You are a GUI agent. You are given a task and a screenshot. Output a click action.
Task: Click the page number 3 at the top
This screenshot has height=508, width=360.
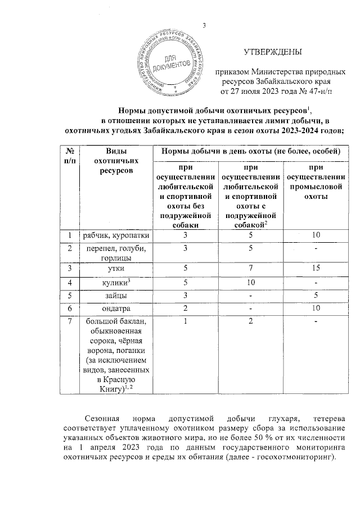point(204,25)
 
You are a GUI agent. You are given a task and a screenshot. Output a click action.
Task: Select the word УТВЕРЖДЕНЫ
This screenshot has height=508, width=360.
point(272,52)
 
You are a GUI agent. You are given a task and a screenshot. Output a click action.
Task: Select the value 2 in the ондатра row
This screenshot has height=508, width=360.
point(184,308)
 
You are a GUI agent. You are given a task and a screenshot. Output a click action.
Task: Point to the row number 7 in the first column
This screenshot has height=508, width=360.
point(70,321)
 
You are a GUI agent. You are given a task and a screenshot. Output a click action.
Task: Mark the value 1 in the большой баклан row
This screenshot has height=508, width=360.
point(184,321)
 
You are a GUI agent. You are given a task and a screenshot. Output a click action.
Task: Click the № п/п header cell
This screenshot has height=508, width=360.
point(70,156)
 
